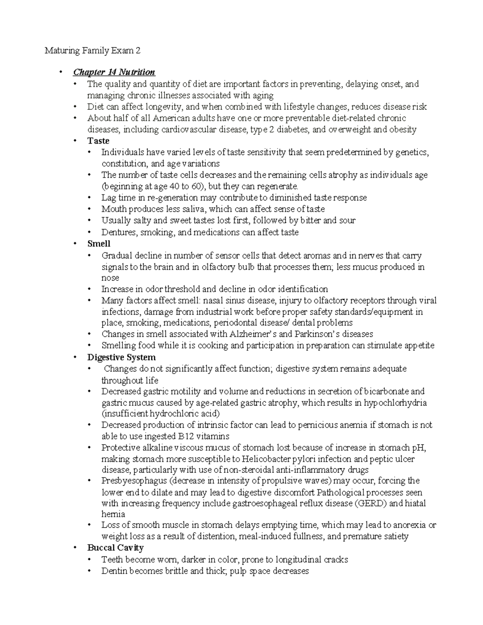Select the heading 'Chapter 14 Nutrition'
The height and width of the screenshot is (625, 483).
[114, 72]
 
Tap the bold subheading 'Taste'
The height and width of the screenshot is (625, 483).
[98, 141]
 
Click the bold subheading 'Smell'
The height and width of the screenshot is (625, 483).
[99, 244]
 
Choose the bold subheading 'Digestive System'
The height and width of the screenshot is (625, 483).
[121, 357]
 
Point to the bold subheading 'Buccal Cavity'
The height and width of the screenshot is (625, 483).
[115, 548]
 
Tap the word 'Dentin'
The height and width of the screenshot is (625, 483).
[114, 571]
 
